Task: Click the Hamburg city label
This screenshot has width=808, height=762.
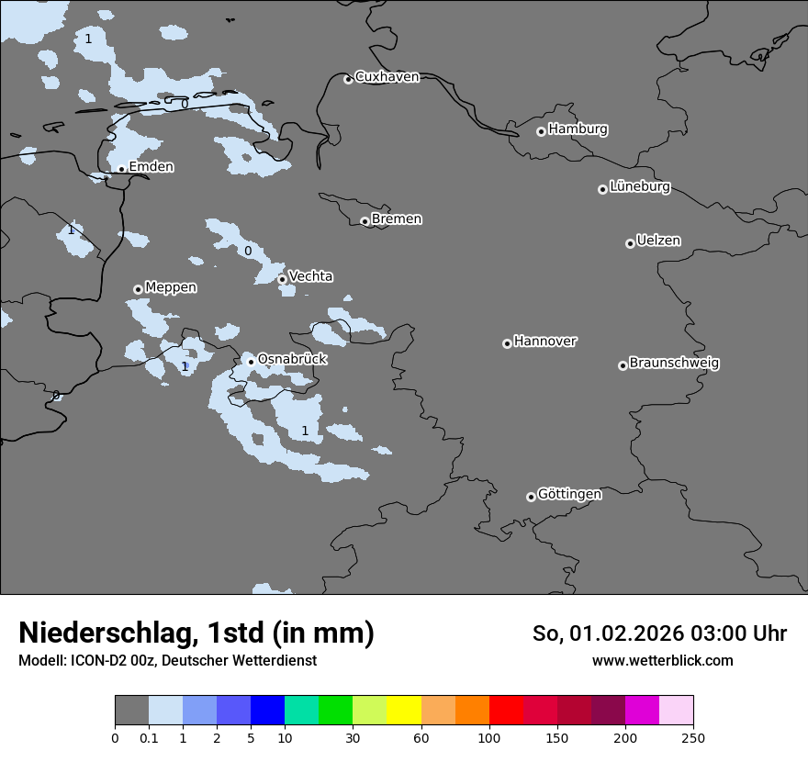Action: [578, 129]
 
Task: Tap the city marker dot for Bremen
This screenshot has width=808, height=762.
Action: [365, 221]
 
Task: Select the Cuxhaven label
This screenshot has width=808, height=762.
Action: [387, 77]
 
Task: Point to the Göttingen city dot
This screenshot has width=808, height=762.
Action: [531, 497]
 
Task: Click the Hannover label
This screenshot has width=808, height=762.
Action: [545, 342]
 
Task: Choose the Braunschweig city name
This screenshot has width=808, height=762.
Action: [674, 364]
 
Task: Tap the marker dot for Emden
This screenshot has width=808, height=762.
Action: [121, 169]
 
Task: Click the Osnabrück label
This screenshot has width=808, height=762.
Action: [292, 359]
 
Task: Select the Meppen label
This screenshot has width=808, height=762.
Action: [171, 287]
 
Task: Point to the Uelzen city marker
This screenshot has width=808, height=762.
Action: [630, 243]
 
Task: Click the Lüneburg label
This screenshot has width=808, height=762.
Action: [640, 187]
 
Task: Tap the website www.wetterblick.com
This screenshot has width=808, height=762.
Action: [662, 661]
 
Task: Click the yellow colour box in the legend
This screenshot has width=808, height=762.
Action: [403, 711]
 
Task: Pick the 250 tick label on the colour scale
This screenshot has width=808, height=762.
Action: [692, 737]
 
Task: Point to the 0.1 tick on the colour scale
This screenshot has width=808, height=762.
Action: [149, 737]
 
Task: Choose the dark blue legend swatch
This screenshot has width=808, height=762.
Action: [267, 711]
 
